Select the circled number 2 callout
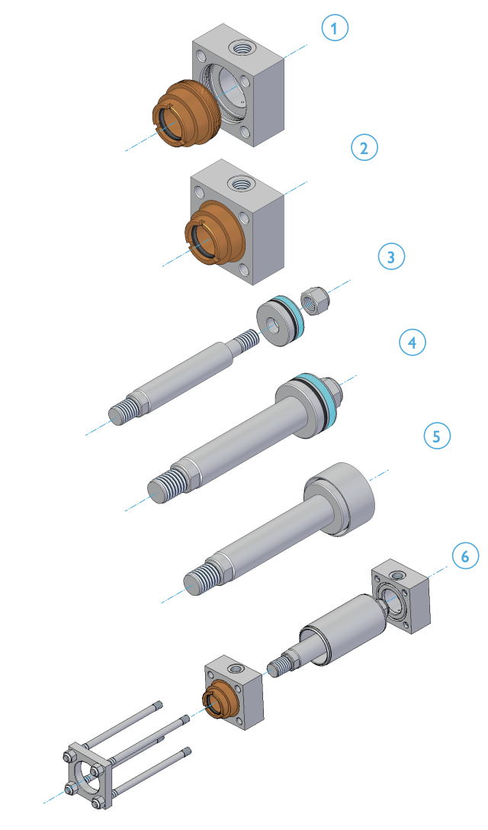[364, 147]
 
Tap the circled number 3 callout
[391, 257]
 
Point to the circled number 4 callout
[413, 343]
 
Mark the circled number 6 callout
[465, 556]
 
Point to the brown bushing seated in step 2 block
[211, 232]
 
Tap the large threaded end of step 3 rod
[122, 413]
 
